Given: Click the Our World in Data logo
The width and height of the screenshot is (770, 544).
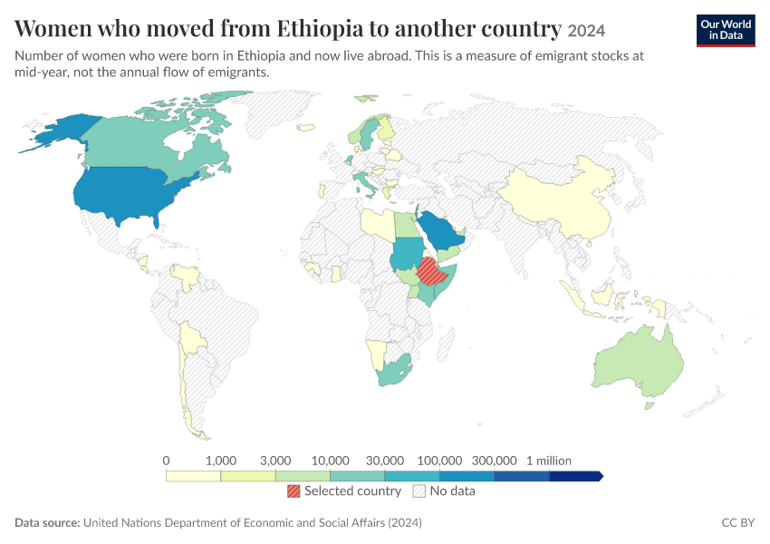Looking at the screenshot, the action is coord(726,31).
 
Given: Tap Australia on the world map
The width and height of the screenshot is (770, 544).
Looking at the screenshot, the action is coord(639,361).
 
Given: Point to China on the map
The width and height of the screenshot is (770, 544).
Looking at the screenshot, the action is coord(560,201).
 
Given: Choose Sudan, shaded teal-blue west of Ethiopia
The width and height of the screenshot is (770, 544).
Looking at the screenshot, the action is coord(407,253).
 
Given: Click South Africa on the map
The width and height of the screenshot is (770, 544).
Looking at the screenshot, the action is coord(394,371).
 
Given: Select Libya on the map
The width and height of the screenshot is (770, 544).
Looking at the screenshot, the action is coord(378,225).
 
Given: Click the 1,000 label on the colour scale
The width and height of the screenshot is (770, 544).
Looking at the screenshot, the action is coord(221,461).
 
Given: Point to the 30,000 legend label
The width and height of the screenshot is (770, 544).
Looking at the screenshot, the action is coord(385,461).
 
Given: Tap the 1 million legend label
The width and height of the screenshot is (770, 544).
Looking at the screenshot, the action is coord(549,461).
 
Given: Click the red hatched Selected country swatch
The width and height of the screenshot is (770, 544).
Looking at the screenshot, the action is coord(294,491).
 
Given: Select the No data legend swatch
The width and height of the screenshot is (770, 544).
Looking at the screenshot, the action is coord(419,491).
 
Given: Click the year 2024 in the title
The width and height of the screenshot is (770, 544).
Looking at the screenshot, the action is coord(586,31).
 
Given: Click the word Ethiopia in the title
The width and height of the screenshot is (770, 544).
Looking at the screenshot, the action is coord(319,28).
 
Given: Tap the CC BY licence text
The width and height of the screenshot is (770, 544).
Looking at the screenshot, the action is coord(738,522).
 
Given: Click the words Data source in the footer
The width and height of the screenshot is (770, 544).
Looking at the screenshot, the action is coord(47,522).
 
